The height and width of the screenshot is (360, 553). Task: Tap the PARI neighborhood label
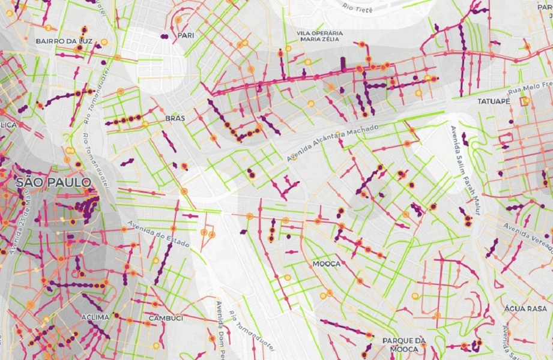coord(186,35)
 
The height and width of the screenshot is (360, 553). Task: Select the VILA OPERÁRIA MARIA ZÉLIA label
coord(320,36)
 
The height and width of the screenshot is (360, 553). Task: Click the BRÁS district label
coord(175,119)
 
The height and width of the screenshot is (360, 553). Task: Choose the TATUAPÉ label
coord(493,102)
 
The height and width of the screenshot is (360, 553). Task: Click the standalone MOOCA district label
coord(327,264)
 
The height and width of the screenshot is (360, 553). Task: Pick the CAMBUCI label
coord(166,318)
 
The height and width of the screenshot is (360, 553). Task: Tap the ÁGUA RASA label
coord(526,308)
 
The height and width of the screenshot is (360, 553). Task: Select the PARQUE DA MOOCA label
coord(404,344)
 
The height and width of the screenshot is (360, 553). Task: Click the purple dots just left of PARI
coord(164,37)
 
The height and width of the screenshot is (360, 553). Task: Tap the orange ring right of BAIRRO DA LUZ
coord(104,42)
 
